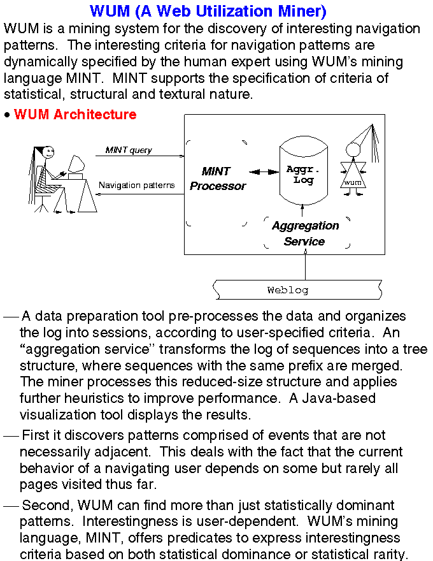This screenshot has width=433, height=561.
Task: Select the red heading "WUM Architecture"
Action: coord(75,115)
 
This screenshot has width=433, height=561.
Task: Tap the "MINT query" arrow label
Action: coord(129,150)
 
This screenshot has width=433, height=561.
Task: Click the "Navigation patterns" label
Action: coord(136,186)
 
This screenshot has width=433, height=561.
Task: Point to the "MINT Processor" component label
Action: coord(218,178)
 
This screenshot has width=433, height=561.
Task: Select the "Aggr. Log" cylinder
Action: coord(303,173)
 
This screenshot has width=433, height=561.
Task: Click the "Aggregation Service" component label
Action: coord(305,233)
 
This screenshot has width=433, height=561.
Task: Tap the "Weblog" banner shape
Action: coord(297,289)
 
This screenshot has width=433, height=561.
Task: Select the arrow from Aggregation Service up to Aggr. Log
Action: coord(303,210)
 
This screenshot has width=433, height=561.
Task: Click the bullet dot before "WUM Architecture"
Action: coord(7,115)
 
